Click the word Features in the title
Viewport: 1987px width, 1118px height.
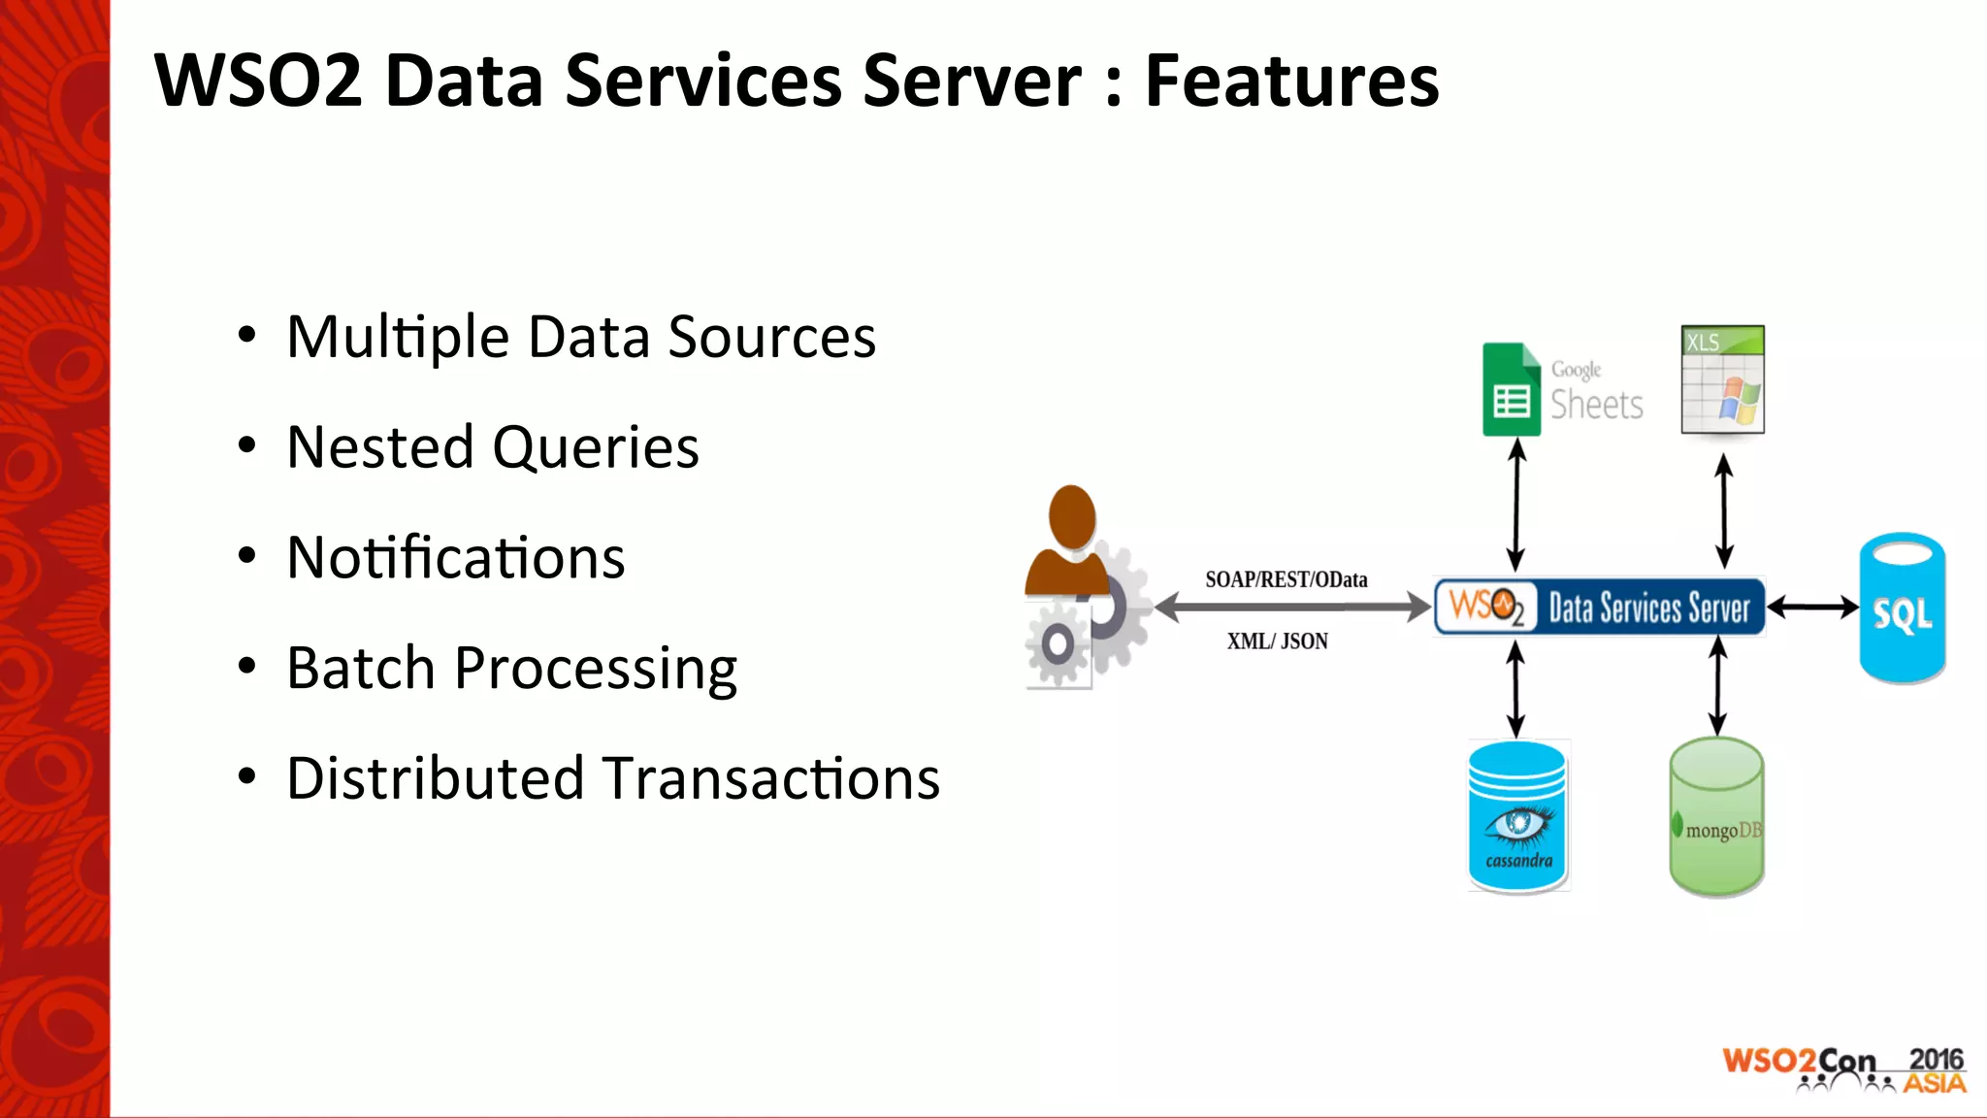coord(1291,81)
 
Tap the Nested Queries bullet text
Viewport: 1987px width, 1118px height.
coord(493,447)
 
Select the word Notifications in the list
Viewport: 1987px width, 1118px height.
coord(456,558)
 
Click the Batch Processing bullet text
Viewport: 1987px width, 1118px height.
coord(511,669)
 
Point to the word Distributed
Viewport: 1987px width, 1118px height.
coord(434,778)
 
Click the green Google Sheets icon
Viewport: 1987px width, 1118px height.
coord(1511,390)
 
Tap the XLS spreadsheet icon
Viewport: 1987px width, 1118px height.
coord(1722,379)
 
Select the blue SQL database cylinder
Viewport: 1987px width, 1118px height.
coord(1902,608)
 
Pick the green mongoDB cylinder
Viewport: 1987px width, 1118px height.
coord(1716,816)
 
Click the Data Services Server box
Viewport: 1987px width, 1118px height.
coord(1600,608)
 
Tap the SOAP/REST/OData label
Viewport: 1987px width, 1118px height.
coord(1286,579)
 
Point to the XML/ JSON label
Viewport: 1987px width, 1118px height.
coord(1277,641)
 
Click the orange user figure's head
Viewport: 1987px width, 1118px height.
coord(1072,516)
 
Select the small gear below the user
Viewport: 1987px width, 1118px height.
coord(1058,643)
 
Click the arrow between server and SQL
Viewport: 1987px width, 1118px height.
coord(1811,608)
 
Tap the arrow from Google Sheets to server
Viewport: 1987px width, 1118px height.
coord(1516,505)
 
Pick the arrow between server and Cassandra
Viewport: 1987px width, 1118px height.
coord(1515,690)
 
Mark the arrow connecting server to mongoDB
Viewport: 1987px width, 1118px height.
coord(1717,685)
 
